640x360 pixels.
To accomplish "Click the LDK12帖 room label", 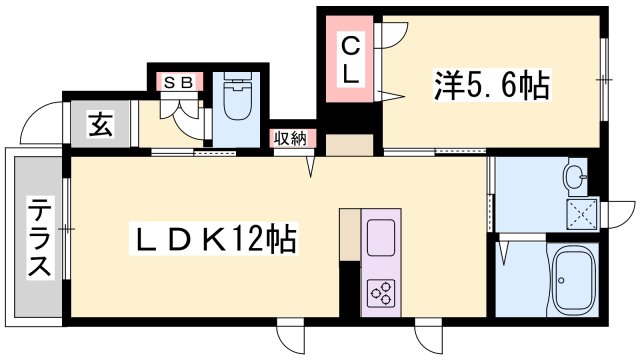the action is pyautogui.click(x=214, y=241).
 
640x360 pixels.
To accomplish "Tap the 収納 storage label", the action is pyautogui.click(x=292, y=139).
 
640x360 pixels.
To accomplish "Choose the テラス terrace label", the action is pyautogui.click(x=39, y=240).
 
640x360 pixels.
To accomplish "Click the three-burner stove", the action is pyautogui.click(x=381, y=291).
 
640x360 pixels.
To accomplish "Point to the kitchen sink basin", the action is pyautogui.click(x=382, y=238).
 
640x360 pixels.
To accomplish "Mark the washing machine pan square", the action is pyautogui.click(x=580, y=212).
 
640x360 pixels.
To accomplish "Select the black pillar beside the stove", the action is pyautogui.click(x=349, y=291).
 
